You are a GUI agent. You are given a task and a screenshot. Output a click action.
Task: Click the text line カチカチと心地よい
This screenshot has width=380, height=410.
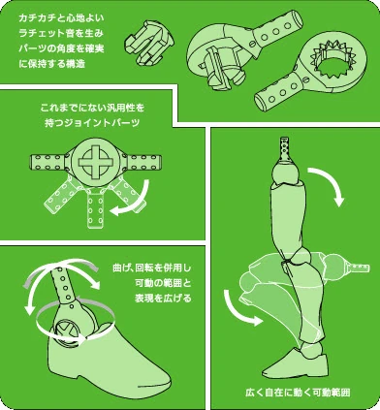coord(59,17)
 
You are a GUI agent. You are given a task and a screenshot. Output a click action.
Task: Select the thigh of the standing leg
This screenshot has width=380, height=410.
coord(290,218)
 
